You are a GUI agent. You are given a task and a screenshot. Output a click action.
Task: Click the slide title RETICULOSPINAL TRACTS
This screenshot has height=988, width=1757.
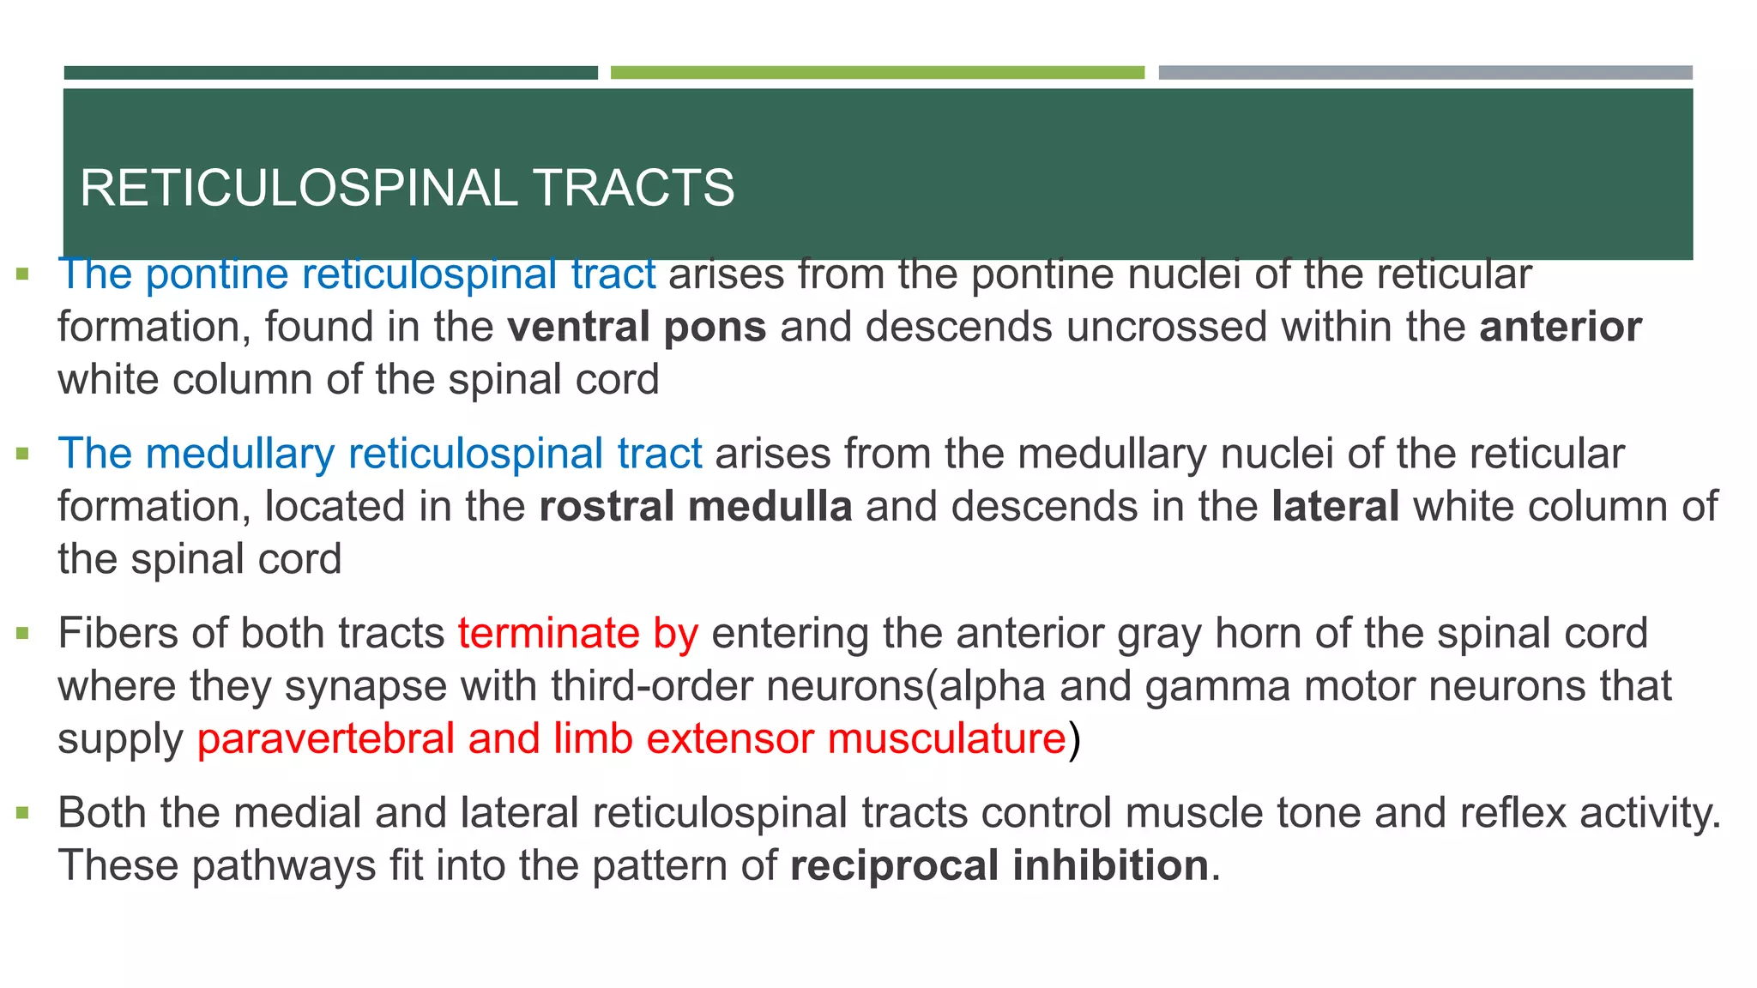pyautogui.click(x=407, y=188)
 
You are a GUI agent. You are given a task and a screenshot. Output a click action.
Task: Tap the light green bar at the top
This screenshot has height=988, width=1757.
pyautogui.click(x=877, y=73)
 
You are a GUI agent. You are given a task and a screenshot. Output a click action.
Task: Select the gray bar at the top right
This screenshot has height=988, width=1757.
pyautogui.click(x=1425, y=73)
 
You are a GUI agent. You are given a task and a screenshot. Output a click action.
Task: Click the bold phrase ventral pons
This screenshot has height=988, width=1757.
pyautogui.click(x=637, y=328)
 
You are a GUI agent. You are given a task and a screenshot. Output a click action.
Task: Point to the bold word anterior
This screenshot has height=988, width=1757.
pyautogui.click(x=1561, y=328)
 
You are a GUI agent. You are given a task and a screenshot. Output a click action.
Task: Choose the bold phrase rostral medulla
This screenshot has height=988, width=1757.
pyautogui.click(x=696, y=507)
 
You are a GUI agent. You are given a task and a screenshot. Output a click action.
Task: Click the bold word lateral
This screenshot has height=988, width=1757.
pyautogui.click(x=1336, y=507)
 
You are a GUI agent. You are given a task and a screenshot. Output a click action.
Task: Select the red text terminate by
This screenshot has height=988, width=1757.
pyautogui.click(x=577, y=634)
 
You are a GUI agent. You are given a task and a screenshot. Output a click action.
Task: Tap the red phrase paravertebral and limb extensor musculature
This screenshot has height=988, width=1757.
pyautogui.click(x=631, y=739)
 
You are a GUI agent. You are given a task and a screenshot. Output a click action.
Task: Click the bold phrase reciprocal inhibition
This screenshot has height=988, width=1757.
pyautogui.click(x=999, y=865)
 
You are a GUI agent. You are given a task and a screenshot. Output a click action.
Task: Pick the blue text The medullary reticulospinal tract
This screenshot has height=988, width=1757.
pyautogui.click(x=380, y=454)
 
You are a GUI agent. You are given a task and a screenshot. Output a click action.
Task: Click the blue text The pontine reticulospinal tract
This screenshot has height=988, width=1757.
pyautogui.click(x=357, y=274)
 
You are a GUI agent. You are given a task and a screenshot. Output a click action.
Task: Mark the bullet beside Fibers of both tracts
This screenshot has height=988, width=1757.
pyautogui.click(x=23, y=635)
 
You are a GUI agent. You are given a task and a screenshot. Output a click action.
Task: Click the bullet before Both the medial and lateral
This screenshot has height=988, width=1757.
pyautogui.click(x=23, y=813)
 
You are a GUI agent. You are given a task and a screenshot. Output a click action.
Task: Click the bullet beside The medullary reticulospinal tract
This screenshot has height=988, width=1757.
pyautogui.click(x=23, y=455)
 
